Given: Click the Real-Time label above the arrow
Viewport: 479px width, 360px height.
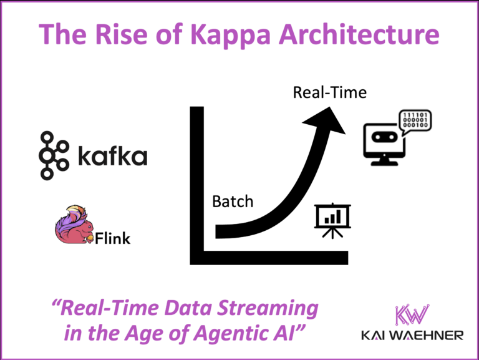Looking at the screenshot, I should tap(330, 94).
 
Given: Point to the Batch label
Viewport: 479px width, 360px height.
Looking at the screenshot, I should tap(233, 202).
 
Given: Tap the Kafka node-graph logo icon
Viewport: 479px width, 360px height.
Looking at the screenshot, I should tap(54, 155).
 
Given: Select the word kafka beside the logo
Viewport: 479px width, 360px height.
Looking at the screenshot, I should tap(112, 155).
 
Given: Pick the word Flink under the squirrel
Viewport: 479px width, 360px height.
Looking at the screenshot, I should tap(113, 238).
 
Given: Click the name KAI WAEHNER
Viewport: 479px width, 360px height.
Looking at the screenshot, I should tap(412, 336).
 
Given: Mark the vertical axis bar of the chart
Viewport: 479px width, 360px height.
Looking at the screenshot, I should tap(197, 181).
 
